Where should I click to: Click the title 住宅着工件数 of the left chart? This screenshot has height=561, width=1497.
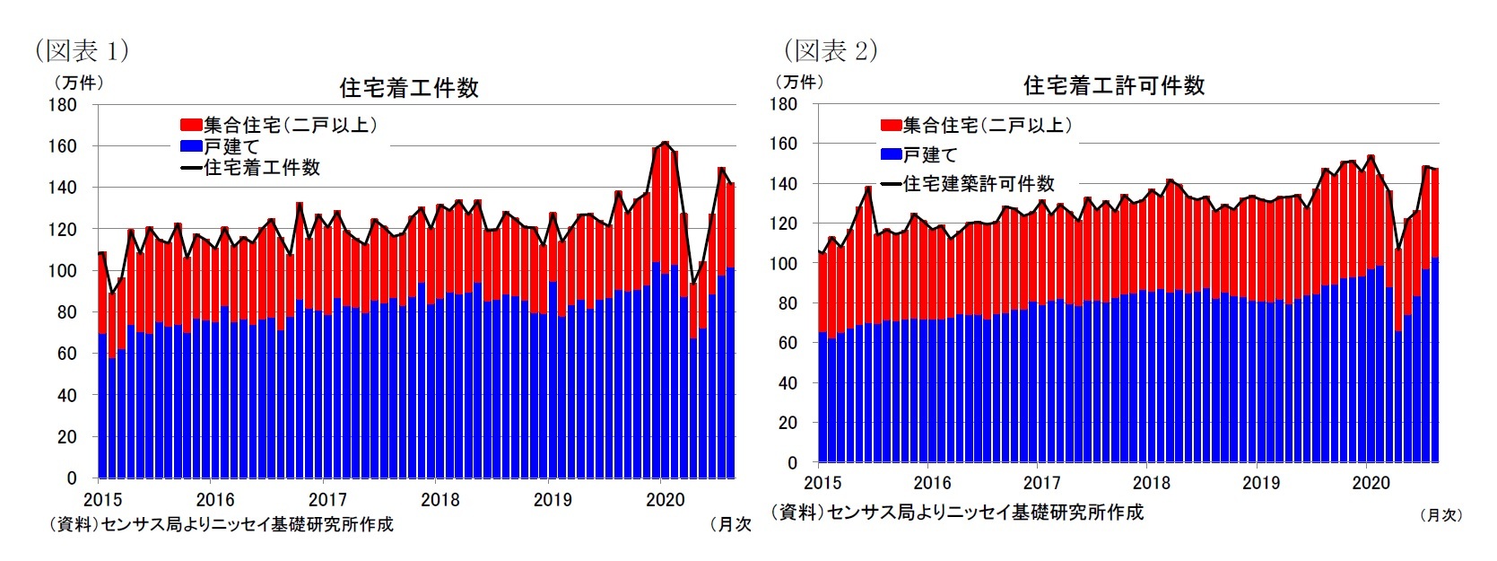409,88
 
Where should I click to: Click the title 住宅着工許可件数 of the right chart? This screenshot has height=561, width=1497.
1114,86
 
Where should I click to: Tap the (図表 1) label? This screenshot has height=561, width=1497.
82,50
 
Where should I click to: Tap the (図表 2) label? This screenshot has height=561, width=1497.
831,50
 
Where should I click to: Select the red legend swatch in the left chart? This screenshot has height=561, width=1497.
191,125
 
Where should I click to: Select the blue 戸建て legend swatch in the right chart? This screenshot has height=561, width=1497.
891,154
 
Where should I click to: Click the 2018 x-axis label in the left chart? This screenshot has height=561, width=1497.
440,500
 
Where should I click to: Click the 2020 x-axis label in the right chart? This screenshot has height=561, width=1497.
1370,483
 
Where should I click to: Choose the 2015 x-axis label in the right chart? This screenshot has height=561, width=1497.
822,483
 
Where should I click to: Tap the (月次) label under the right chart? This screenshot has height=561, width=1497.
1441,515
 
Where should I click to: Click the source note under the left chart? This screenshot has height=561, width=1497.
221,524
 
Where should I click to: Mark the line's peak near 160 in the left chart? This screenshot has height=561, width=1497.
665,143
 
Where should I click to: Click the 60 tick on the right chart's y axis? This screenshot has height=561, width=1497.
788,343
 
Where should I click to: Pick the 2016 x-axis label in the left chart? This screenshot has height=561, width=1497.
214,500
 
